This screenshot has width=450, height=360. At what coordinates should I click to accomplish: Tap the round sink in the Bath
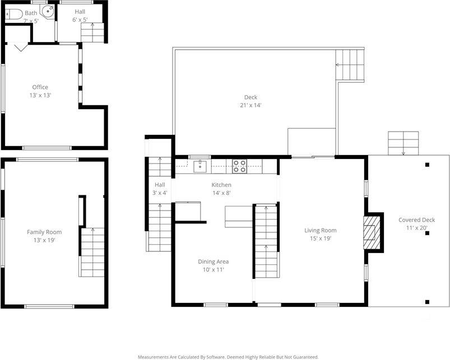tap(49, 10)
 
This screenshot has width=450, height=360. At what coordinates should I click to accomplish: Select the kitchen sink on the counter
tap(200, 165)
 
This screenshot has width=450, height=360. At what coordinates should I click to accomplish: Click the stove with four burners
tap(239, 165)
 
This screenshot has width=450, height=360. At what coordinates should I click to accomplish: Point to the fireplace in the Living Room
tap(372, 232)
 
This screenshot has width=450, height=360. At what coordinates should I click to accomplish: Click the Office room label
tap(40, 87)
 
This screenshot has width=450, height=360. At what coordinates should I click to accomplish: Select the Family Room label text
tap(44, 232)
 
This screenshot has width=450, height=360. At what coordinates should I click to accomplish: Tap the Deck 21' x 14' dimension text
tap(250, 105)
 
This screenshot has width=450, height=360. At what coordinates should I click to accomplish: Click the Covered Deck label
tap(416, 220)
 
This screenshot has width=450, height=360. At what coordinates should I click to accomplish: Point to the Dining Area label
tap(213, 261)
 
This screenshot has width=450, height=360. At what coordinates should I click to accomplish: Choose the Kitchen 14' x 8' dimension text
tap(221, 193)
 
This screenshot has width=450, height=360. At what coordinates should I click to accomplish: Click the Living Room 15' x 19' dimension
tap(320, 238)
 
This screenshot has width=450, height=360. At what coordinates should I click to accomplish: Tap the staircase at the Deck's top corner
tap(350, 65)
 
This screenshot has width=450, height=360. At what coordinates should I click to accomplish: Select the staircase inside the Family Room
tap(91, 253)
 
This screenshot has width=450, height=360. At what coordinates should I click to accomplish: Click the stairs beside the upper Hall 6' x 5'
tap(93, 32)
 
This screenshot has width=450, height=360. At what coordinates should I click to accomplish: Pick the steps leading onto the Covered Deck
tap(403, 142)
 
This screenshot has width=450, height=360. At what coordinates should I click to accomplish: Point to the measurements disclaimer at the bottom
tap(228, 357)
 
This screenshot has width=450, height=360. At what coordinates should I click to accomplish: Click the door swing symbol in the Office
tap(21, 48)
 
